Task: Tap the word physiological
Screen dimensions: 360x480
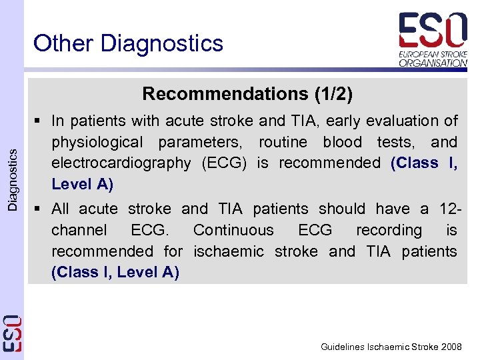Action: (97, 142)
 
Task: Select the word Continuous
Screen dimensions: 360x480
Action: (233, 230)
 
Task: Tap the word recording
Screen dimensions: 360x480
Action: (389, 230)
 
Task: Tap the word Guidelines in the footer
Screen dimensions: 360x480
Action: (341, 347)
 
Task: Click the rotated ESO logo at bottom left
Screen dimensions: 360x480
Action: (12, 333)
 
